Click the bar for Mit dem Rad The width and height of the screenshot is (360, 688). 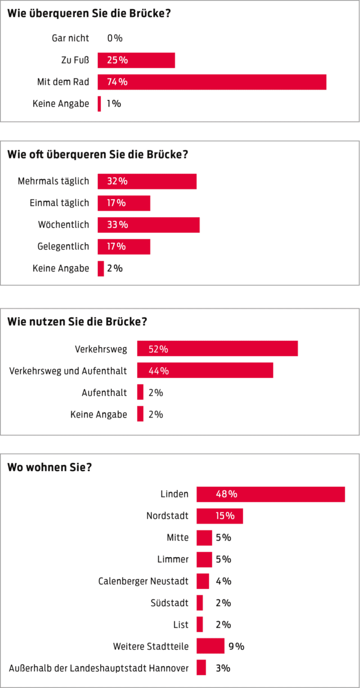211,82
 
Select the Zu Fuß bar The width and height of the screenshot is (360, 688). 136,60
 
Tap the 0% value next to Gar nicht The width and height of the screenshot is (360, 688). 115,38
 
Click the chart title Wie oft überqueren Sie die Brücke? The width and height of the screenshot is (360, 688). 98,154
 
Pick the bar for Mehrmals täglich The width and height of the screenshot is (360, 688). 147,181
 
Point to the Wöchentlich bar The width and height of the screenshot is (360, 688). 148,225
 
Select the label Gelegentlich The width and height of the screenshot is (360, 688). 63,246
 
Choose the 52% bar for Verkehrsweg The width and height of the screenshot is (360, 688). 217,348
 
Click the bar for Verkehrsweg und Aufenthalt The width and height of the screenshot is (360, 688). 205,371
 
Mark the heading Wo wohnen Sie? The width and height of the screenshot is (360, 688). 49,467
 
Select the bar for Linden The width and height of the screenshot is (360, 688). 270,494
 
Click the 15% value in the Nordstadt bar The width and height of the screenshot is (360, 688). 225,516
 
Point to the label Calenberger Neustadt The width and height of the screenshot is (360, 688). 144,581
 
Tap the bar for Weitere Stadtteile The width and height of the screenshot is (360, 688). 210,646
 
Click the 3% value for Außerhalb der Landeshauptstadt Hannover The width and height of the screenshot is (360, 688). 223,668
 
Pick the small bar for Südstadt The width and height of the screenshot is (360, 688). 200,603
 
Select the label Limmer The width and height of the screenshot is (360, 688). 173,559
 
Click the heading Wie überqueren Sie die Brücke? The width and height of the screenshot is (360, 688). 89,13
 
